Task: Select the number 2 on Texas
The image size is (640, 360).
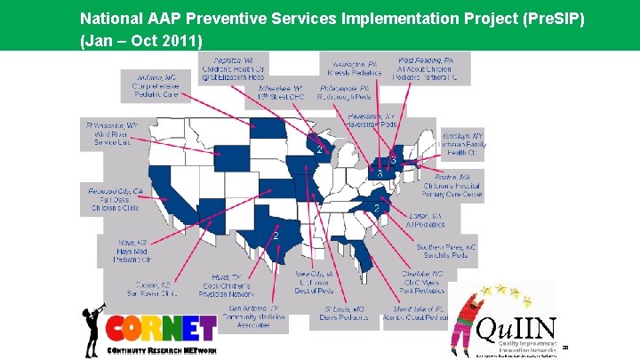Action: point(276,236)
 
